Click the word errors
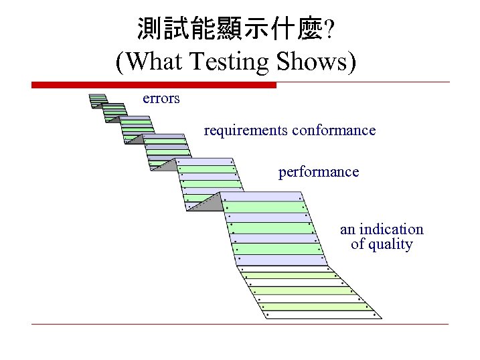click(x=161, y=99)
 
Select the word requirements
click(x=245, y=130)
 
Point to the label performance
click(x=318, y=173)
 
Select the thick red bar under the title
click(x=154, y=85)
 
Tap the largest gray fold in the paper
click(x=204, y=203)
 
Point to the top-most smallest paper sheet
click(x=98, y=100)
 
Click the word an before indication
click(x=347, y=230)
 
